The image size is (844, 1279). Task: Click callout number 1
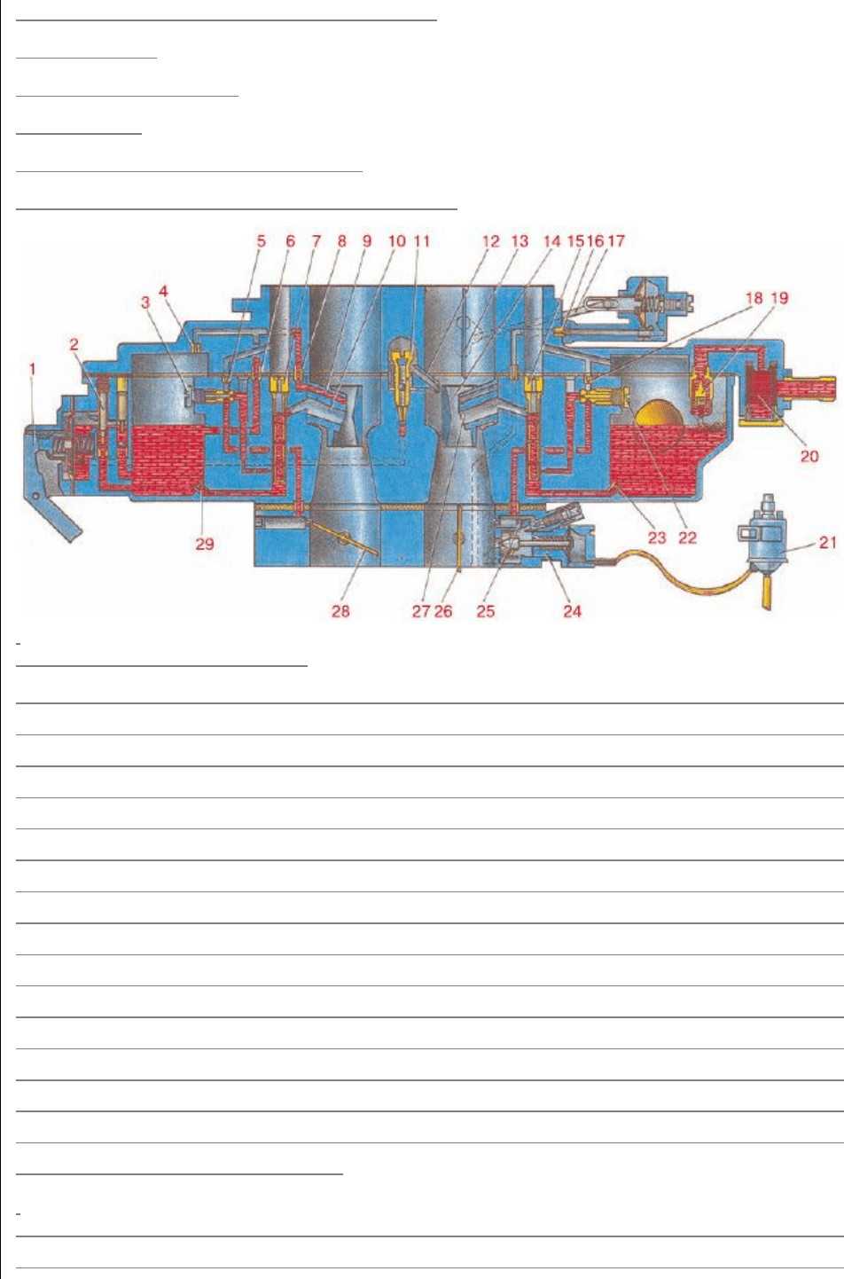(33, 369)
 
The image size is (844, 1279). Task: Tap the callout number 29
(205, 544)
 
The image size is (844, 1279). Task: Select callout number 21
(827, 542)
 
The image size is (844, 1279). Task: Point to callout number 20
(809, 456)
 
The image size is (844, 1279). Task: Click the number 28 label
(340, 611)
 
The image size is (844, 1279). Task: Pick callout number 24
(573, 611)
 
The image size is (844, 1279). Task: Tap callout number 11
(422, 241)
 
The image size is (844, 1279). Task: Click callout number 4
(164, 291)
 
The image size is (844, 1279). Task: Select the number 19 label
(779, 297)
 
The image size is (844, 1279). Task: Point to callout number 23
(657, 537)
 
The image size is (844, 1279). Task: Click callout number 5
(262, 241)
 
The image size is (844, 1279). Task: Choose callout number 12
(490, 241)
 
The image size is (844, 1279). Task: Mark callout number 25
(486, 611)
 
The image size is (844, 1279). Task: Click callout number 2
(74, 344)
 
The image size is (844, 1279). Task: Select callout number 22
(687, 537)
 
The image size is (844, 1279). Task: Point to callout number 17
(616, 241)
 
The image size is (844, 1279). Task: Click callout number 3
(145, 302)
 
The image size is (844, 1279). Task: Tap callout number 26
(442, 611)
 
